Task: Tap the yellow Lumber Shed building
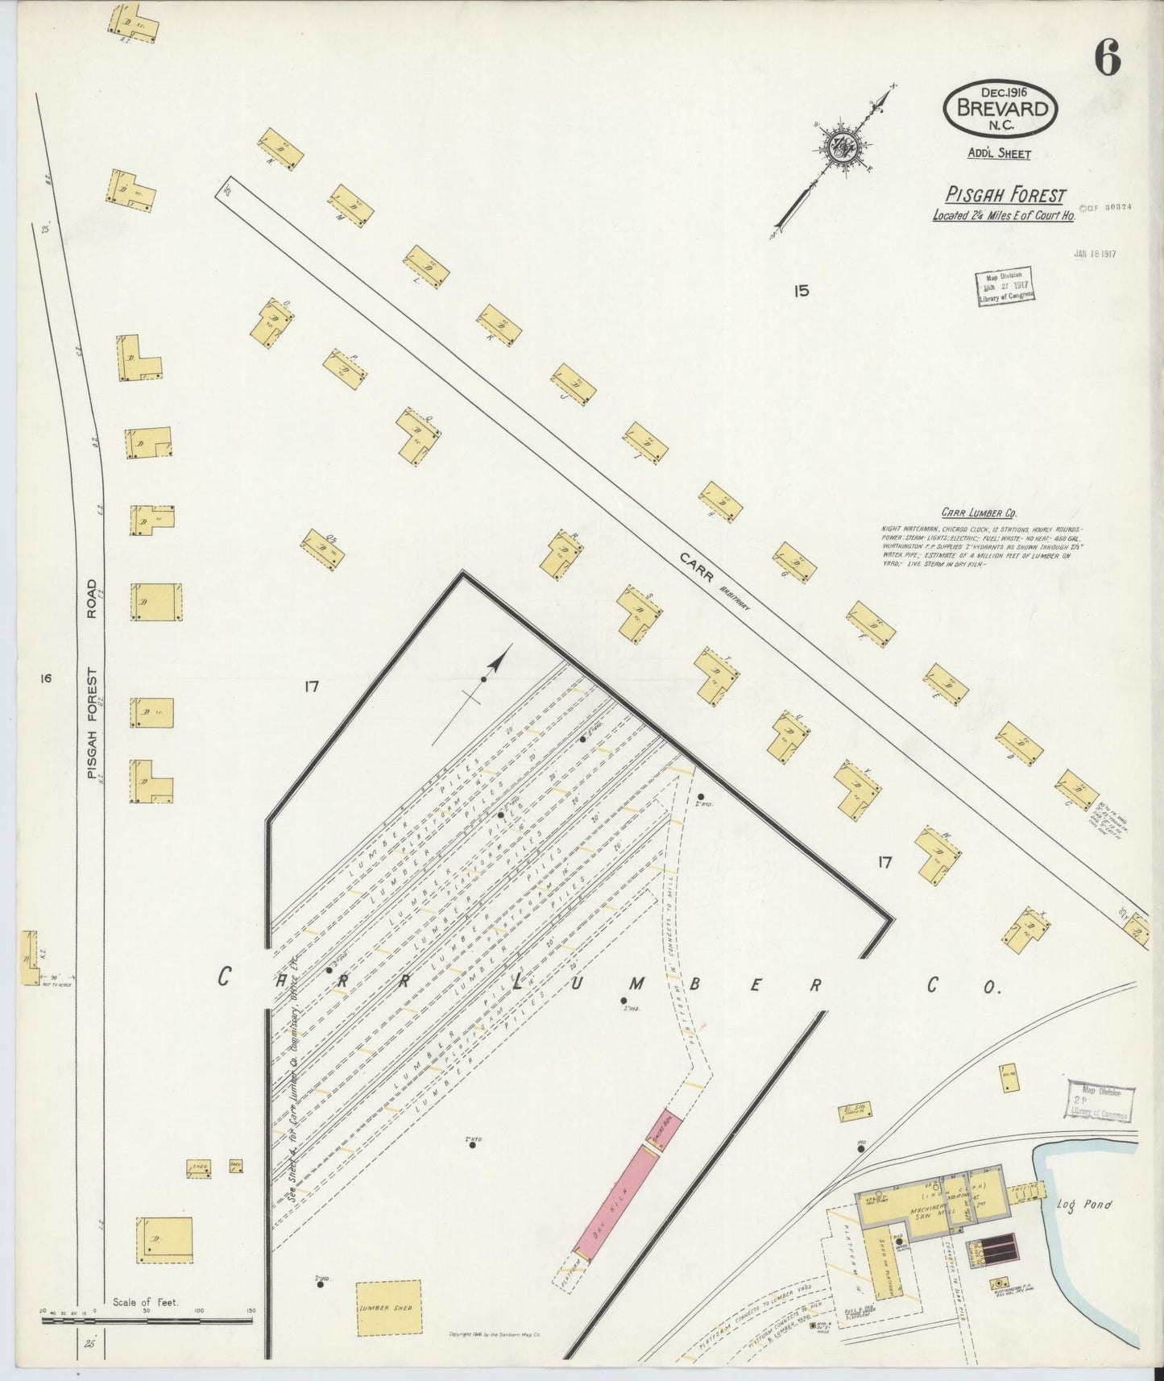point(388,1307)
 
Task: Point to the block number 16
point(44,678)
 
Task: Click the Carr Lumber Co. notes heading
point(978,512)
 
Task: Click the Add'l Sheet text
point(999,154)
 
